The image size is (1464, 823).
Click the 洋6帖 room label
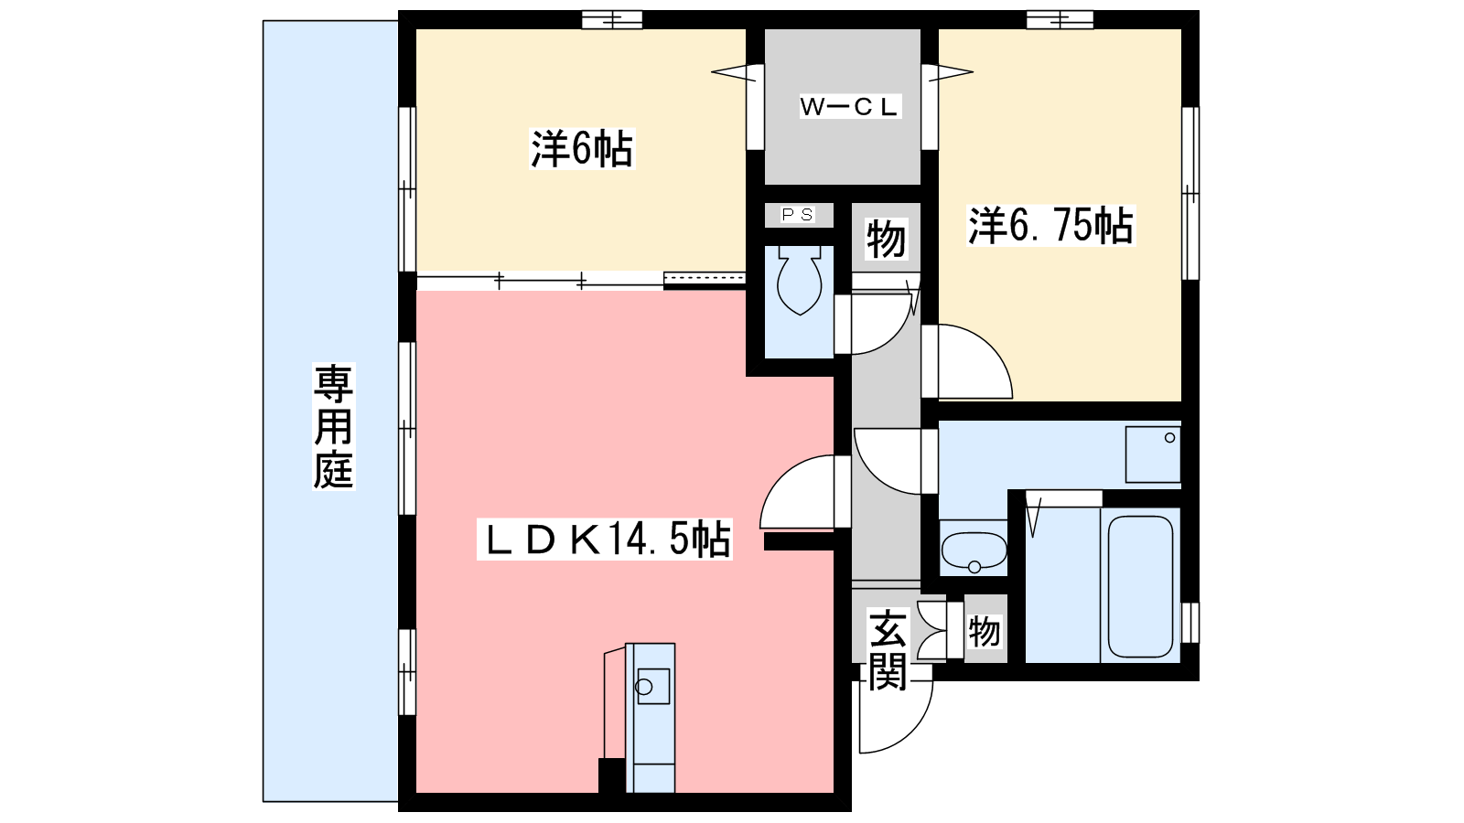coord(581,150)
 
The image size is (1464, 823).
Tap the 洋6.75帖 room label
coord(1050,225)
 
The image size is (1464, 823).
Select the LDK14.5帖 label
coord(605,540)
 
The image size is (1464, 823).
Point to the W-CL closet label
coord(850,106)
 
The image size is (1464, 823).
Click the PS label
coord(797,215)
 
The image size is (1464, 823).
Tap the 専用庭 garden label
coord(333,426)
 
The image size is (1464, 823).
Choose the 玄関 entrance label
coord(888,650)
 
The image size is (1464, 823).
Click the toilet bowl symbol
coord(800,280)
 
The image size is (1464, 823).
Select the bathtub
coord(1140,586)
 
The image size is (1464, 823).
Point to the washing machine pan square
coord(1152,454)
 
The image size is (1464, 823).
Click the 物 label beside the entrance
coord(985,631)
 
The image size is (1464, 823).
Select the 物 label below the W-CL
coord(887,239)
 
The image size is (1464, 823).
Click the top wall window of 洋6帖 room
coord(612,19)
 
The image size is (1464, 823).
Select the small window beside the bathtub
coord(1190,623)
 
